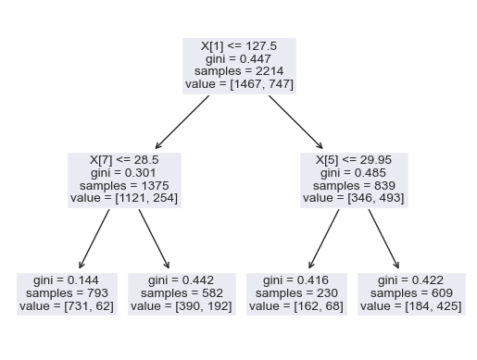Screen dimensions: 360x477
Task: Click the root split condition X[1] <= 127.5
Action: [x=238, y=44]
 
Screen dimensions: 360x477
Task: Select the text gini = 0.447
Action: [x=238, y=57]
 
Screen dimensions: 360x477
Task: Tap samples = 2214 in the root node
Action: [x=238, y=70]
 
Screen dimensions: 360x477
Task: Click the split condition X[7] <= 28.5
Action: [x=124, y=159]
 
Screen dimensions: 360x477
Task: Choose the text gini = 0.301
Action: [x=124, y=172]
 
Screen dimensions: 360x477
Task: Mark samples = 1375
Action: [x=124, y=185]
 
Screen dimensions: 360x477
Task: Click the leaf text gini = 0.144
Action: [x=66, y=280]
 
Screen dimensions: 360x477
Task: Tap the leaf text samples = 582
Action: [x=182, y=293]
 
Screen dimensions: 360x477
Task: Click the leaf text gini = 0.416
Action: [x=296, y=280]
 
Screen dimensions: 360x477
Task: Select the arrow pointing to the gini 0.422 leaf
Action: [x=384, y=239]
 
